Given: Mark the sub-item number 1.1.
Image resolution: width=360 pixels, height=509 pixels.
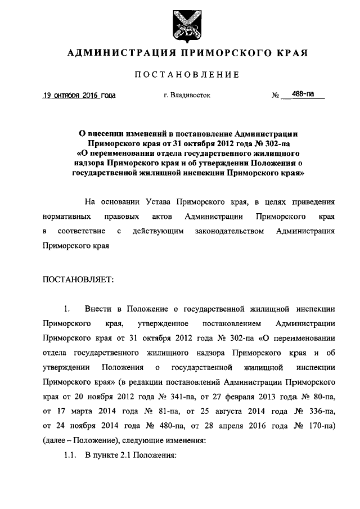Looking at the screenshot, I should click(69, 454).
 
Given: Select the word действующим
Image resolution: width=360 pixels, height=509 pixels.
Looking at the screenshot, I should click(157, 231).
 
